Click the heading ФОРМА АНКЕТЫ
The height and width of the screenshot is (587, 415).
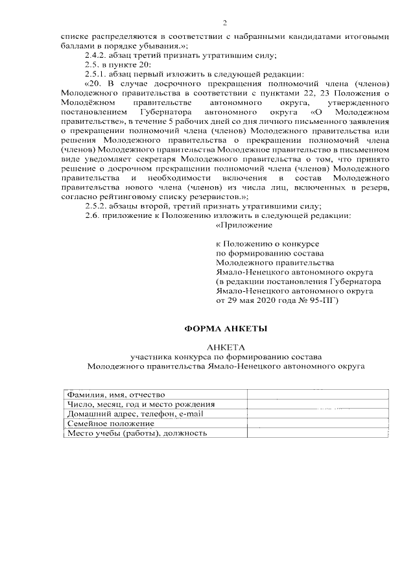coord(226,329)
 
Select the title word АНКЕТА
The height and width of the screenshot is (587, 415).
coord(226,348)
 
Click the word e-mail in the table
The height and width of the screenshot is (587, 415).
coord(192,414)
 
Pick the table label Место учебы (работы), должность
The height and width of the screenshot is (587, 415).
coord(137,433)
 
